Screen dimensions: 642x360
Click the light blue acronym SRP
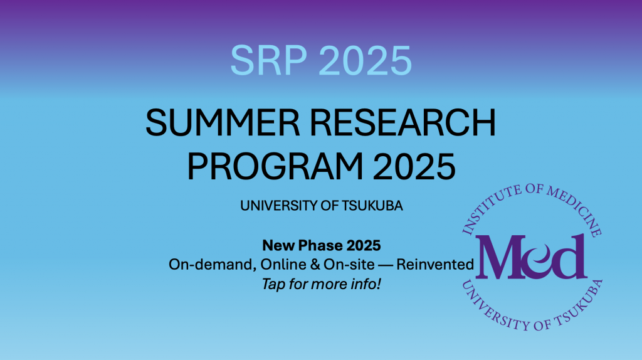(x=268, y=61)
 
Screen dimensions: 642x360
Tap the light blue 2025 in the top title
(x=365, y=61)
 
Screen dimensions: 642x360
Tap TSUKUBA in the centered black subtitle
(x=372, y=206)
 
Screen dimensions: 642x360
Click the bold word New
(x=278, y=246)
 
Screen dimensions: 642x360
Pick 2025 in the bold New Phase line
(x=364, y=246)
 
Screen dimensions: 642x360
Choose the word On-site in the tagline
(x=349, y=265)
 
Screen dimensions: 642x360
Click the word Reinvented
(x=435, y=265)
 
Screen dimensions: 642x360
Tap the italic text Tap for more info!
(x=322, y=284)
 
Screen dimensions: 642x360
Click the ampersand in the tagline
(x=315, y=265)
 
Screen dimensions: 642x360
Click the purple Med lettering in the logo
(x=531, y=257)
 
